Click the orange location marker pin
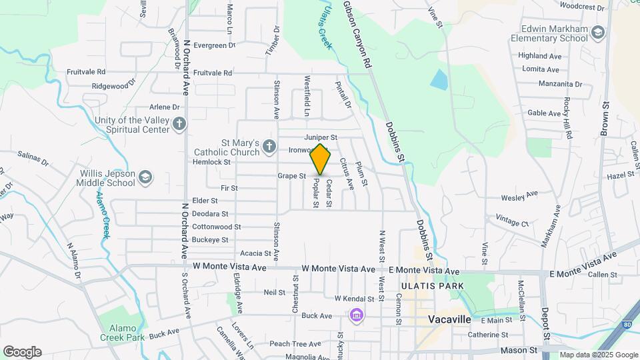click(320, 159)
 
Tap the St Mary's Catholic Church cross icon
click(269, 146)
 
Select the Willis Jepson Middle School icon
click(145, 177)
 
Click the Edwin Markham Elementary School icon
click(598, 33)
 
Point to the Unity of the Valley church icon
click(179, 123)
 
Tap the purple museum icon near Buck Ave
click(357, 315)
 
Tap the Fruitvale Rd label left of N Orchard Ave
click(86, 71)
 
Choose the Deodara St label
click(210, 214)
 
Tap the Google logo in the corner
click(22, 352)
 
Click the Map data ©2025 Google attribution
click(598, 355)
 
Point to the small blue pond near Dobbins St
click(439, 80)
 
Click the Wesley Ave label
click(519, 196)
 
